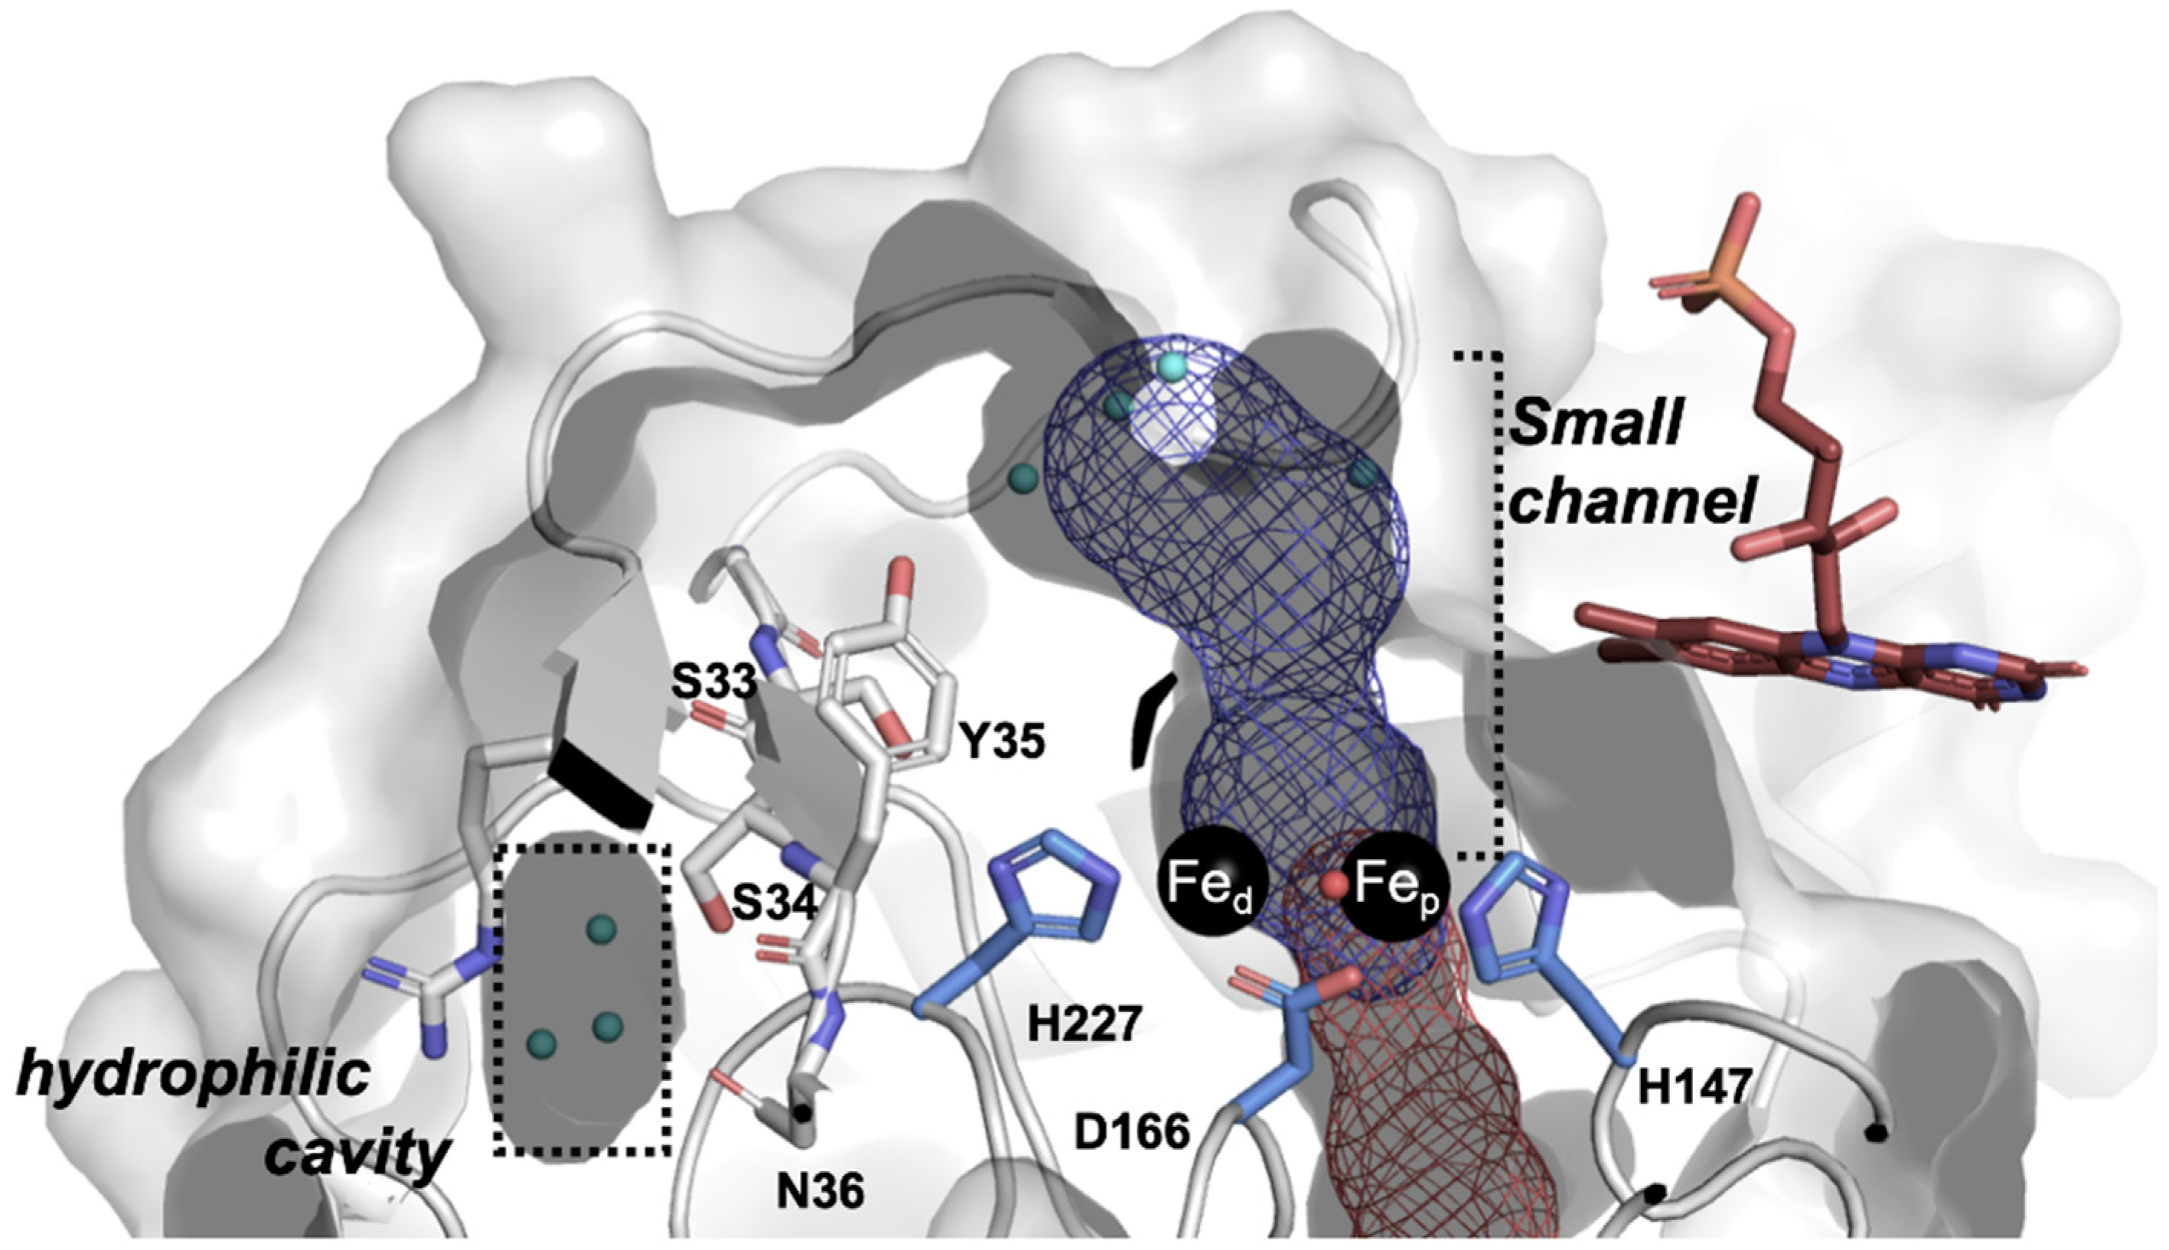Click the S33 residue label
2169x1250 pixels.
713,682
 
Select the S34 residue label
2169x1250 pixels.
773,900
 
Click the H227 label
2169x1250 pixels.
1084,1023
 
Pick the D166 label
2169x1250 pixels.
1133,1132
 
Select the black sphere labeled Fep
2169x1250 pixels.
1394,885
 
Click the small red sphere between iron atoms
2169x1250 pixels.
1333,885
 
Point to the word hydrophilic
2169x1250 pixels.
193,1076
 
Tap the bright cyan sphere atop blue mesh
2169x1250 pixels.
1171,366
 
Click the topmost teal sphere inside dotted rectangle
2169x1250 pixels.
601,927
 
